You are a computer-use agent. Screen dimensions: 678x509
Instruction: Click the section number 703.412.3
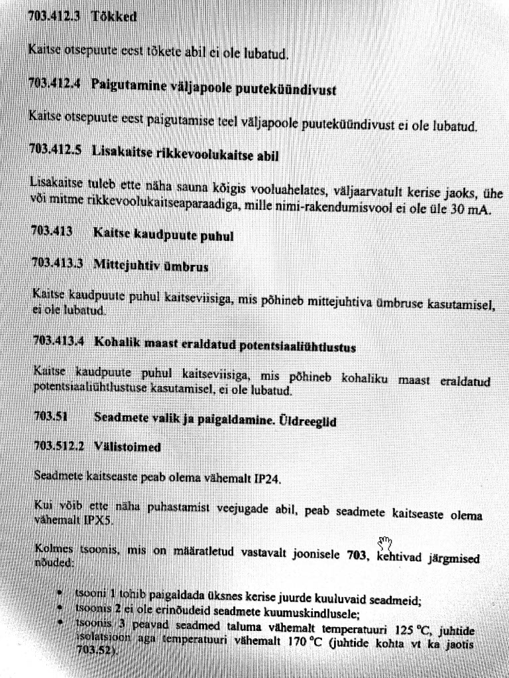pos(54,17)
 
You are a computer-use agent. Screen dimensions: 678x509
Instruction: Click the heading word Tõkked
pos(114,17)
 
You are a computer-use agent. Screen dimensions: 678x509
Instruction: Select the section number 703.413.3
pos(58,264)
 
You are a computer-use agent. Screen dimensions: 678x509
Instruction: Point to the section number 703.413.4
pos(59,342)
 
